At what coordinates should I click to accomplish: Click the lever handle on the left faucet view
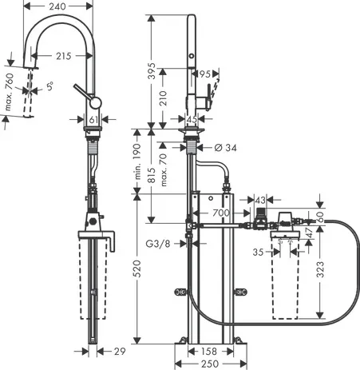coord(80,90)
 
